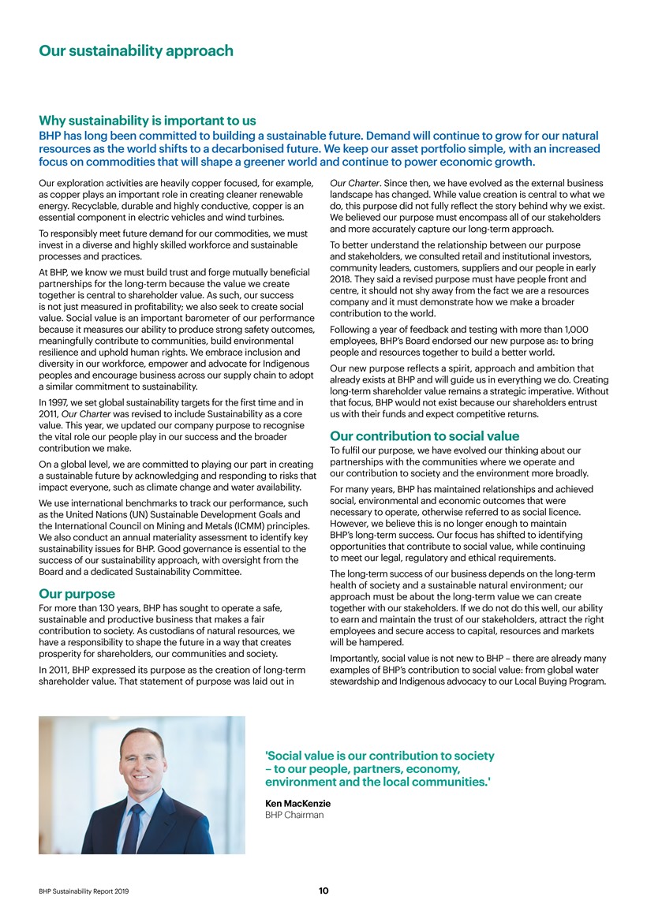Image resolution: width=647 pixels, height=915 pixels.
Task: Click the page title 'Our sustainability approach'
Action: coord(137,51)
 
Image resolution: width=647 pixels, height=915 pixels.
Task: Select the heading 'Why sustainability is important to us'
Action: coord(148,121)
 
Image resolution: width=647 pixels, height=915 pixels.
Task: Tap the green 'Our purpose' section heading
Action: coord(77,593)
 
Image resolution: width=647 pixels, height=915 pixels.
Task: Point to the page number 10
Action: coord(323,891)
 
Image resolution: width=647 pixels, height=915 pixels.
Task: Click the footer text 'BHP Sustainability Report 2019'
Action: coord(84,891)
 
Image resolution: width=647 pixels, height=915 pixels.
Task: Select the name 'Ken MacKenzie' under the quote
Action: coord(297,803)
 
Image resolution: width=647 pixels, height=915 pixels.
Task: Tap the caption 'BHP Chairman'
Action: coord(294,815)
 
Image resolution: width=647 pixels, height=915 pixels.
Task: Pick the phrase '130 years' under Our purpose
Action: coord(109,607)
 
